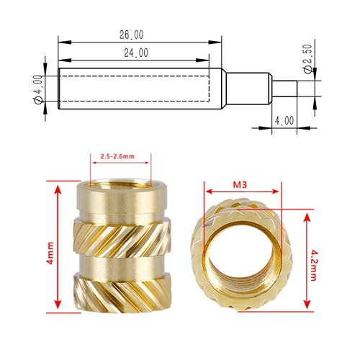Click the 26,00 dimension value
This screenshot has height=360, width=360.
[x=132, y=35]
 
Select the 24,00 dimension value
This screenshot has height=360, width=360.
[x=137, y=53]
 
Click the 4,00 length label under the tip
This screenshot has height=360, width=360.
[x=284, y=122]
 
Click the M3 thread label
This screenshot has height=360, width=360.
[x=241, y=184]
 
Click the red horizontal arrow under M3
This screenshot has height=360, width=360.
[x=241, y=192]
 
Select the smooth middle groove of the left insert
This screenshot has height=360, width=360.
[x=122, y=263]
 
